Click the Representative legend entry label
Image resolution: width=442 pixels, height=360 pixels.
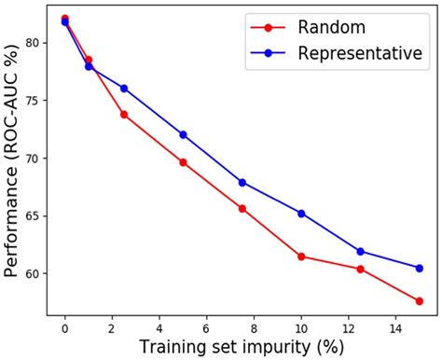click(359, 53)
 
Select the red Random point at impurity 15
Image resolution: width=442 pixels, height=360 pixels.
click(420, 300)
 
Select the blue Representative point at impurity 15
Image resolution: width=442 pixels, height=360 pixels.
click(420, 268)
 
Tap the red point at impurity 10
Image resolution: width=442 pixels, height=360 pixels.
click(301, 256)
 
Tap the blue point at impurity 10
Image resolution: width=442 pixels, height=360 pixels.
click(301, 214)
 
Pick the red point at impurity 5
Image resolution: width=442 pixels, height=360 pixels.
click(183, 162)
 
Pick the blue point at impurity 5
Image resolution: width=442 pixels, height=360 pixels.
click(183, 134)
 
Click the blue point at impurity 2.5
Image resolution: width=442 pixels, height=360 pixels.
click(124, 89)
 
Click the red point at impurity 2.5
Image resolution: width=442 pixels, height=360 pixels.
click(124, 115)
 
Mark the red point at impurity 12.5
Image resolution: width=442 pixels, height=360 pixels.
click(360, 269)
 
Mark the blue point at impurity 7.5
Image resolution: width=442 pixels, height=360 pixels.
click(242, 182)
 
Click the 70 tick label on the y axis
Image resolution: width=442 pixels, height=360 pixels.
click(34, 159)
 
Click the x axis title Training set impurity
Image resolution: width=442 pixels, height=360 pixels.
click(242, 347)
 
